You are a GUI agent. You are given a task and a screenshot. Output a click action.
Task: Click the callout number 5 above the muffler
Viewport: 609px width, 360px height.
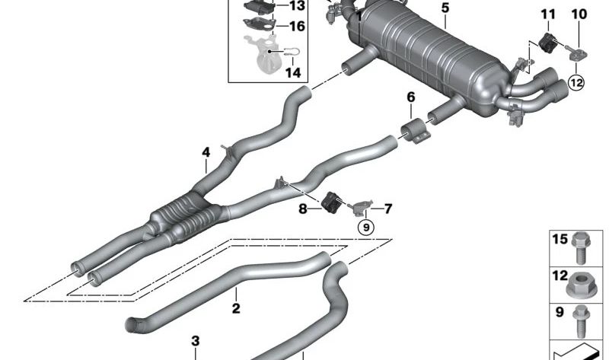(x=445, y=8)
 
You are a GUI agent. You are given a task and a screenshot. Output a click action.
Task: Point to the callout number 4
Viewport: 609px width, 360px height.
(x=206, y=152)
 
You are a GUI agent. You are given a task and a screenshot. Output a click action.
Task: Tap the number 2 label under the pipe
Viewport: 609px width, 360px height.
(x=236, y=308)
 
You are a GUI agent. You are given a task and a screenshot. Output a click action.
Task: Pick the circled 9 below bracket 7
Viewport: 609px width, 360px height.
(x=365, y=226)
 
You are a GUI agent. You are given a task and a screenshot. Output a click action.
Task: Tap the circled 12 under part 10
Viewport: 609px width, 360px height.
(x=576, y=85)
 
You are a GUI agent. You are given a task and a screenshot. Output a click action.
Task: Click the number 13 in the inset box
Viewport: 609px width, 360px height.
(x=296, y=6)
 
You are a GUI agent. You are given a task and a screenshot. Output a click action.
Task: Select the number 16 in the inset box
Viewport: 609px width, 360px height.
(x=296, y=26)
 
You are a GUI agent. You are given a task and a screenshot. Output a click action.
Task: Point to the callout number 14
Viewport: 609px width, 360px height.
(x=293, y=73)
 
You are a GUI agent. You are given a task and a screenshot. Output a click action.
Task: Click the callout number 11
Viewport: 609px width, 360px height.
(x=548, y=14)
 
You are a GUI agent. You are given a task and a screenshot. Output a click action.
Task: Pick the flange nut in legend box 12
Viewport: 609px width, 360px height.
(x=582, y=287)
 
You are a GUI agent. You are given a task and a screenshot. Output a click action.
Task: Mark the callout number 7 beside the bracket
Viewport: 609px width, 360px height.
(x=387, y=208)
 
